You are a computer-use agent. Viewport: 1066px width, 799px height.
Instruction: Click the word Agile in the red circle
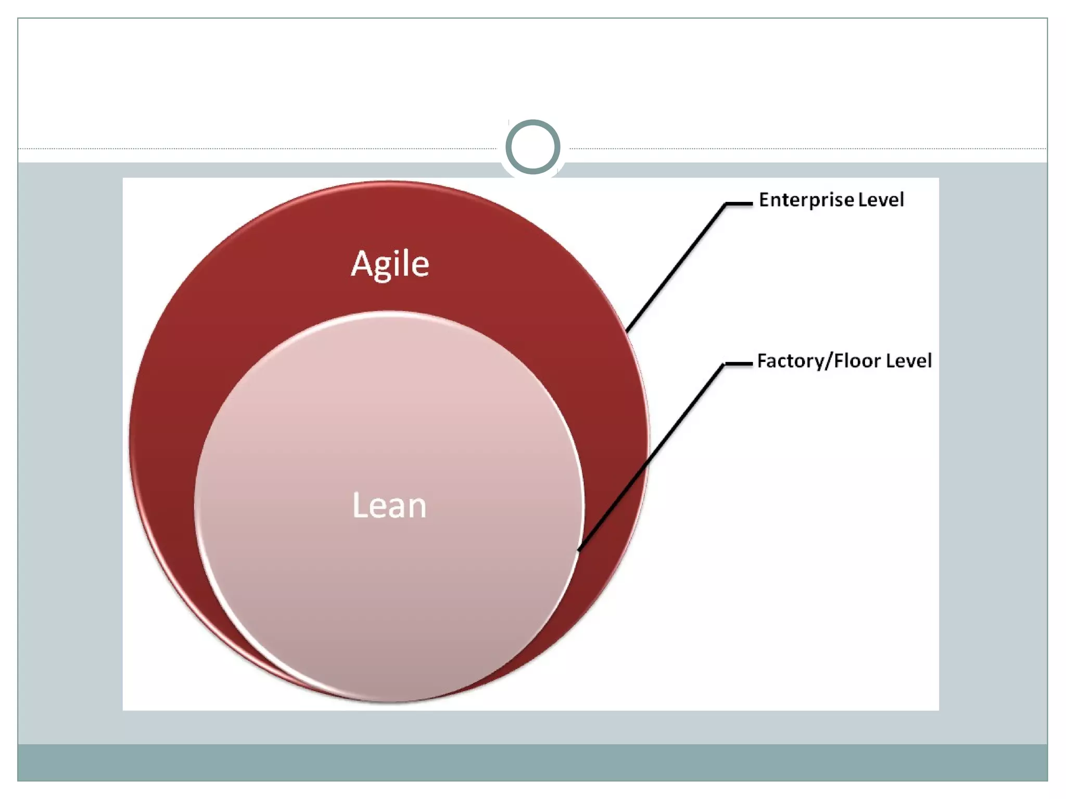coord(390,264)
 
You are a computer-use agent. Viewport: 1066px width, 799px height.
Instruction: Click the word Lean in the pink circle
coord(389,505)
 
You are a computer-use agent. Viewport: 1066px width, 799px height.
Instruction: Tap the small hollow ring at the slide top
coord(532,147)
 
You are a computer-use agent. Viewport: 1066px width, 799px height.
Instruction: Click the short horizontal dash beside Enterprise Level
coord(739,204)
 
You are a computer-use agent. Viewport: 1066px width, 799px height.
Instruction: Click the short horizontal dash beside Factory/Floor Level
coord(738,364)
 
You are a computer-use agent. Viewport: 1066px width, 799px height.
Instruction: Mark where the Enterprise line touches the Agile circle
coord(627,331)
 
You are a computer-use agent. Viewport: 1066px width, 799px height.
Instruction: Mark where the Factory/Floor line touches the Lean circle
coord(579,549)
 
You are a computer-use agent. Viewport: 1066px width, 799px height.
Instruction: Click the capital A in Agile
coord(362,264)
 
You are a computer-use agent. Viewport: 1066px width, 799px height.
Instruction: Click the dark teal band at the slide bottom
coord(532,762)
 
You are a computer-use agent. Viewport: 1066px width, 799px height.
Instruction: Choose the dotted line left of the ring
coord(260,149)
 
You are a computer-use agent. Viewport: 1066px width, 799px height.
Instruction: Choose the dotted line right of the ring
coord(807,149)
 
